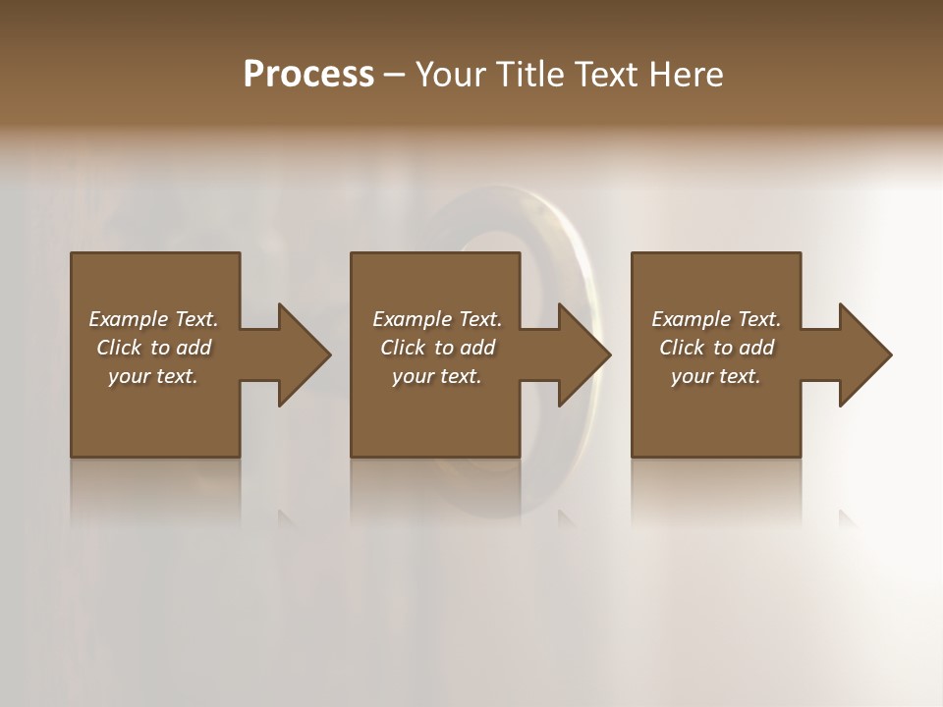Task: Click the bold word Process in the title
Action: (308, 75)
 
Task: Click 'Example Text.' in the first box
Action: (153, 319)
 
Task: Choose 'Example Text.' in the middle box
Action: (437, 319)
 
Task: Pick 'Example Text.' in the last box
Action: (716, 319)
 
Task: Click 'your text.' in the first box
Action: (153, 376)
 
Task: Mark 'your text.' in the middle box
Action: (437, 376)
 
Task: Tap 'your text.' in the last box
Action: (716, 376)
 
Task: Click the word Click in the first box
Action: (119, 348)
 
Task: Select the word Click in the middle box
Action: (403, 348)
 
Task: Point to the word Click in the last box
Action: (682, 348)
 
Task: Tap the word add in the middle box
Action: (477, 348)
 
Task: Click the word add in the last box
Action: (756, 348)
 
